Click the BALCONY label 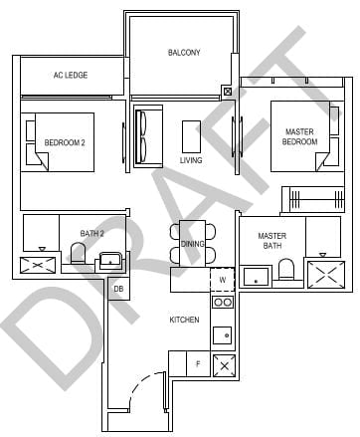pos(183,53)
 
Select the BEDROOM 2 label pos(65,142)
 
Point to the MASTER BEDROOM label pos(300,136)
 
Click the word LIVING pos(190,160)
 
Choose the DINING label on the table pos(192,243)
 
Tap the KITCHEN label pos(184,320)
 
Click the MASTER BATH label pos(271,242)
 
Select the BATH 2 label pos(91,234)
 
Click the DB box pos(118,290)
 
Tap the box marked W pos(223,280)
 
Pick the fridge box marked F pos(198,364)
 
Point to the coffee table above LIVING pos(191,134)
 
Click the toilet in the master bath pos(286,272)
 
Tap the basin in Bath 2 pos(108,261)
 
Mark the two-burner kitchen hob pos(224,303)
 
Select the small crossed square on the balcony pos(229,92)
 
